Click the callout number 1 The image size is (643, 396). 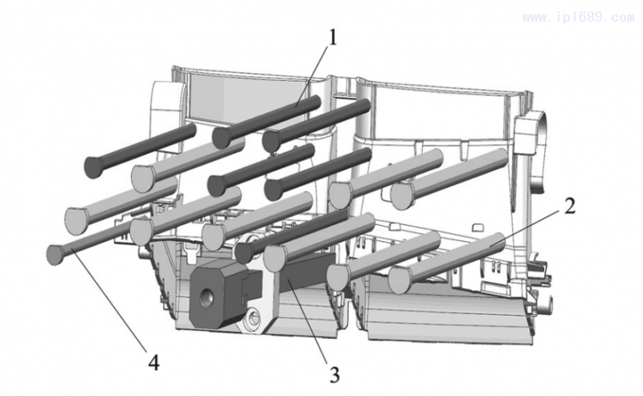(x=331, y=36)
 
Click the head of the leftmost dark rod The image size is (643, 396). (x=96, y=166)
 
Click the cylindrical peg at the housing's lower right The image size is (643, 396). (x=551, y=303)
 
